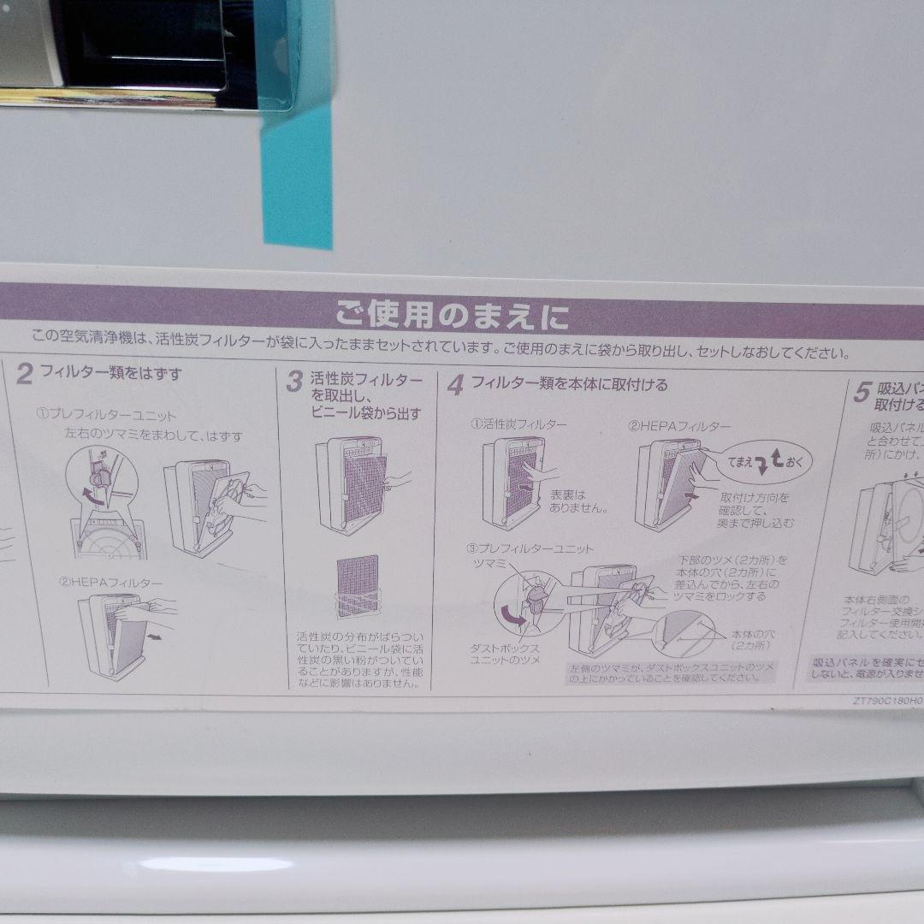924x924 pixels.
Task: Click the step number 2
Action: click(25, 375)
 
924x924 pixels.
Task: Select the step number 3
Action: click(294, 382)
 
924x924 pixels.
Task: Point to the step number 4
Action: click(455, 386)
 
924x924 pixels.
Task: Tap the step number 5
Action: click(862, 394)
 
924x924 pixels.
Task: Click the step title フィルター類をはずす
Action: click(111, 374)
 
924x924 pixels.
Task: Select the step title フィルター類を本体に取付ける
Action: click(569, 384)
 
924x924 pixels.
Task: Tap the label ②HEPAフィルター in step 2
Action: click(110, 583)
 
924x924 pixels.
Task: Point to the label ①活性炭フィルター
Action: click(518, 423)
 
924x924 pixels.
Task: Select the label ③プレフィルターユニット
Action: click(530, 548)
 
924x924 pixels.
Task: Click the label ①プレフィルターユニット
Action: click(106, 415)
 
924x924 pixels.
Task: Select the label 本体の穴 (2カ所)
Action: click(754, 639)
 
